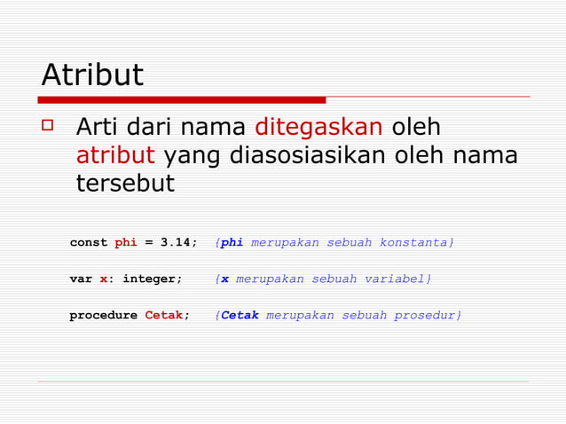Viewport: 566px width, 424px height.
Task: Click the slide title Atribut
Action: [x=92, y=75]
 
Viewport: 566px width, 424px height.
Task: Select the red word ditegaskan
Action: [x=318, y=128]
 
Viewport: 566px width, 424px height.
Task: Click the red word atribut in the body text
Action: [x=115, y=155]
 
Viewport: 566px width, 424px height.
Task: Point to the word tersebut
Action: [x=125, y=184]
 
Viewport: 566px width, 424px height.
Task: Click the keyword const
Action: [x=89, y=243]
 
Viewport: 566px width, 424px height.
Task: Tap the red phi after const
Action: [x=126, y=243]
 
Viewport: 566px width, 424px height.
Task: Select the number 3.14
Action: [x=178, y=243]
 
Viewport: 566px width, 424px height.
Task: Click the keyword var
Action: [x=81, y=279]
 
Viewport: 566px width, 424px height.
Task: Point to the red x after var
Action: [x=104, y=279]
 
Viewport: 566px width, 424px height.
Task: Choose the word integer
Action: [x=152, y=279]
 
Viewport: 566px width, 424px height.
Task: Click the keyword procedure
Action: [x=103, y=316]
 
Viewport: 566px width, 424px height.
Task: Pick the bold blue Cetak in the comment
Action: [x=240, y=316]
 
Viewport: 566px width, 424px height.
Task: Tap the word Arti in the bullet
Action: [x=98, y=128]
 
